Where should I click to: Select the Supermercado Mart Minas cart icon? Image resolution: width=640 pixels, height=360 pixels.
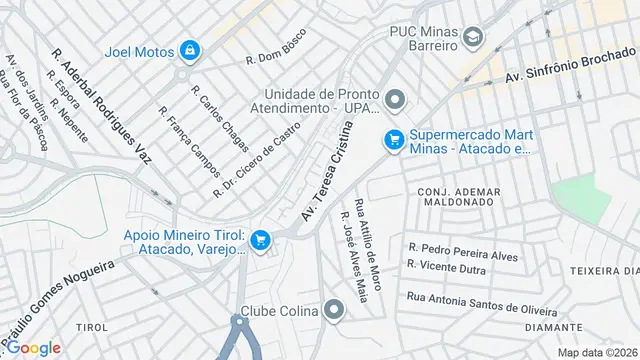(394, 142)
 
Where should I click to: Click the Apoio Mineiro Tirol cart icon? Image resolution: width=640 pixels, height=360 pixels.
(260, 239)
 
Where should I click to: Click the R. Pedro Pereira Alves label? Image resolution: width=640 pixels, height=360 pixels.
(463, 251)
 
